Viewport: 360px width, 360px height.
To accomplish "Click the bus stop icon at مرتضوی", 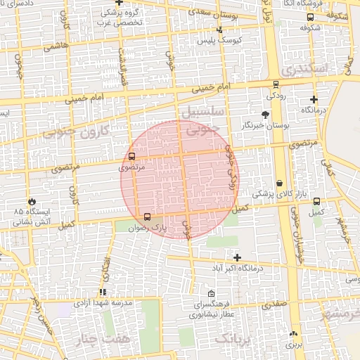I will click(x=132, y=156).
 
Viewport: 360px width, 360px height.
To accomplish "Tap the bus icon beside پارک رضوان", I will click(x=147, y=217).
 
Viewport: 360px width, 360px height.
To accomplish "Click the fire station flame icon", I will click(x=31, y=201).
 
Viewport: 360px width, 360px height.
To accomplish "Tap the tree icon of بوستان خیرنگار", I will click(x=264, y=114).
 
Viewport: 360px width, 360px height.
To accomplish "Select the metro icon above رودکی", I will click(x=274, y=83).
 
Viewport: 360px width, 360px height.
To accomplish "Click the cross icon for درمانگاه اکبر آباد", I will click(x=237, y=257).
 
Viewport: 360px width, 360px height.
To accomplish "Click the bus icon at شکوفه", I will click(x=310, y=18).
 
